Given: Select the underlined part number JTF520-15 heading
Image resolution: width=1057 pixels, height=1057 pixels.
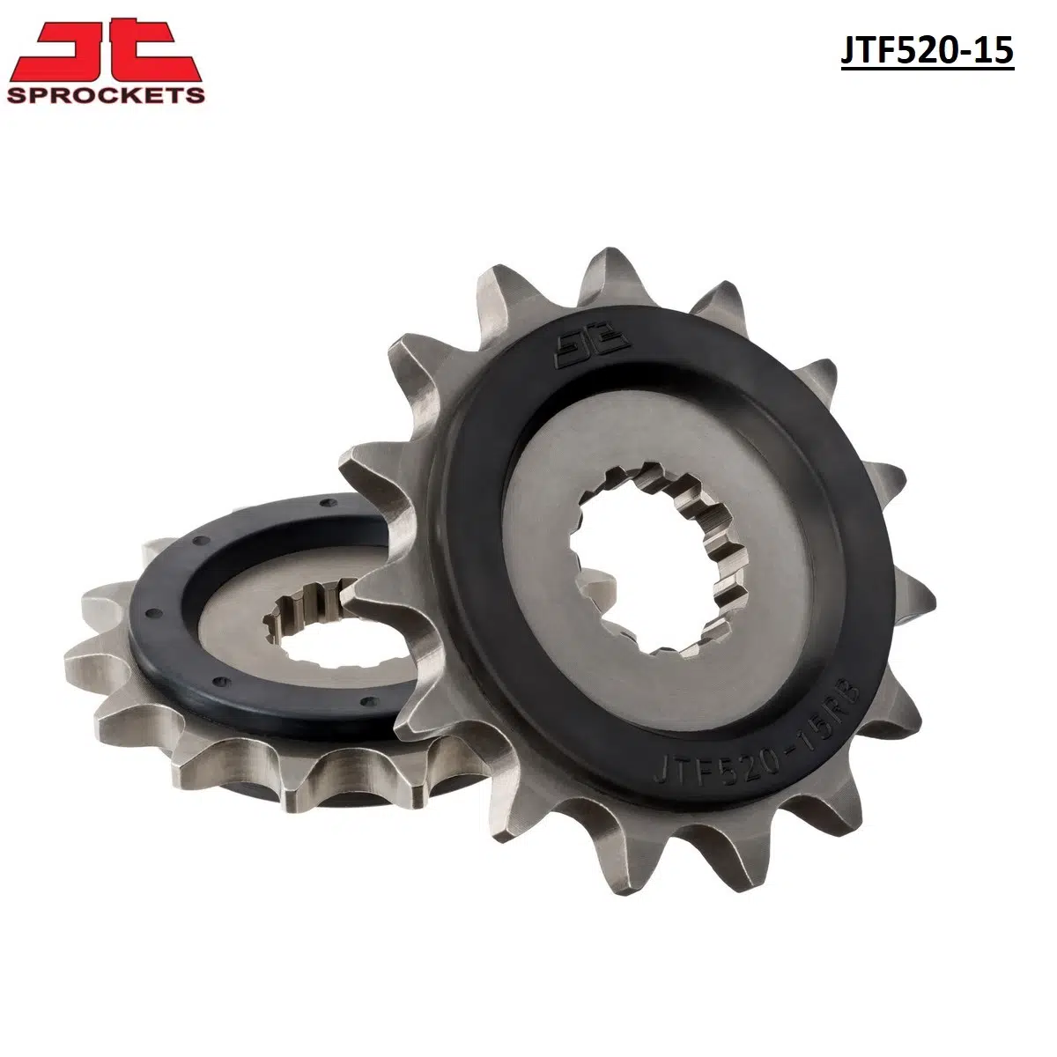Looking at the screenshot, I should pyautogui.click(x=927, y=51).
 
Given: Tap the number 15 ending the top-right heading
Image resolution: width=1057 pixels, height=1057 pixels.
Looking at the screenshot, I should pyautogui.click(x=996, y=51).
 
